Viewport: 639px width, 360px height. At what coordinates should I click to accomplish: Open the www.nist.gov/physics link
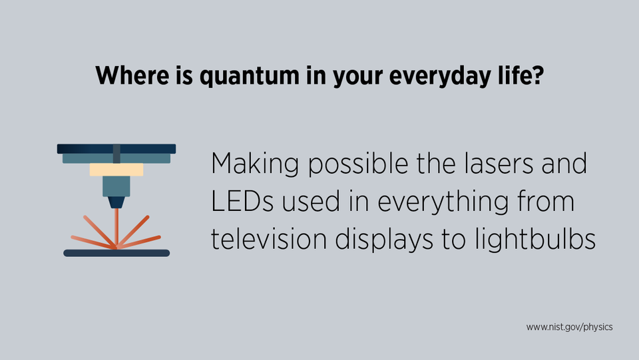(569, 327)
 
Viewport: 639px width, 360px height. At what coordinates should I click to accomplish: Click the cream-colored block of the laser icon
(116, 170)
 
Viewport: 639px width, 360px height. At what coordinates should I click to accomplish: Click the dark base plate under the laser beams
(116, 253)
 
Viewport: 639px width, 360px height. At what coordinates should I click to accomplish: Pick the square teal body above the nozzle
(116, 186)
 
